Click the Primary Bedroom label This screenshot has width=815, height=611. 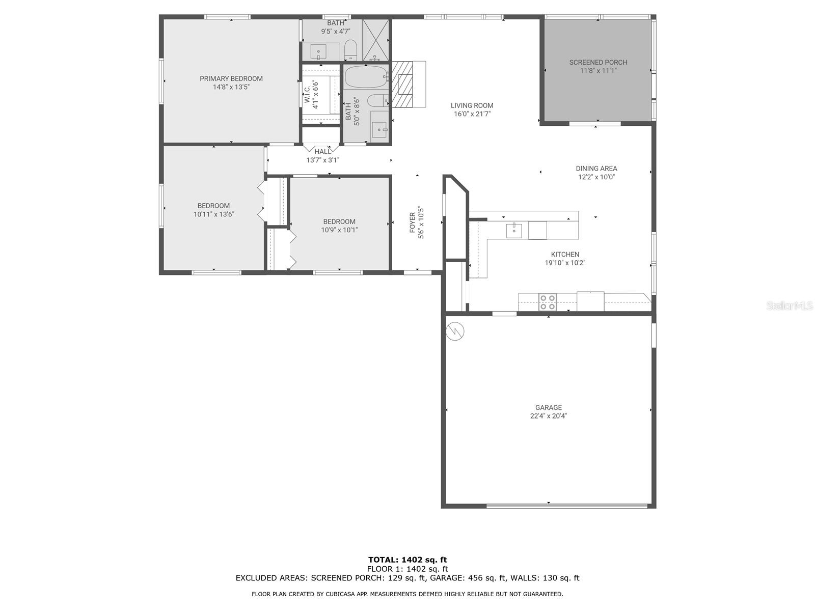[x=231, y=78]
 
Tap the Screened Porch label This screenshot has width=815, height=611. [x=598, y=62]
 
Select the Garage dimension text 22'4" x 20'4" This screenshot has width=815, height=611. [x=549, y=416]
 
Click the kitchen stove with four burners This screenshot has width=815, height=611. [x=548, y=301]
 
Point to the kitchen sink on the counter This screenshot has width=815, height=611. [x=514, y=230]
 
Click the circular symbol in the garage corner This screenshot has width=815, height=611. [x=455, y=331]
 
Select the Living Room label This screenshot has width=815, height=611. [x=472, y=105]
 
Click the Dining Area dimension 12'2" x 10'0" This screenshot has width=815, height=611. [x=596, y=177]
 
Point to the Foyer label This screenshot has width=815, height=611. [x=412, y=223]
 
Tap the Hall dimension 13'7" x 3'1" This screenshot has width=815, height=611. [x=322, y=160]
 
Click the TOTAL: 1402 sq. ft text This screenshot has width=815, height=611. [x=407, y=560]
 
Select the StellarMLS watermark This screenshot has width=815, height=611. [x=790, y=305]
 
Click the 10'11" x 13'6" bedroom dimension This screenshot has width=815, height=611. [x=213, y=214]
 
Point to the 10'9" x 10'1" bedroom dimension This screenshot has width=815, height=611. [x=339, y=230]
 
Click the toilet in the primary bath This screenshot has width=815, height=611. [x=350, y=50]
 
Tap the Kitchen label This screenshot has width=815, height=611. [x=565, y=255]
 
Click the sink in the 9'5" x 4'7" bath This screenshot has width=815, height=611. [x=318, y=51]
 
